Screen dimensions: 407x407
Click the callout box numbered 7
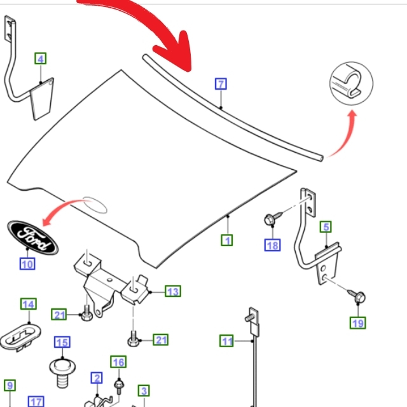(x=221, y=84)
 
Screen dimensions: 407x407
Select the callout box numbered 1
(x=227, y=240)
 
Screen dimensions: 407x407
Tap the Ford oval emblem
(x=33, y=238)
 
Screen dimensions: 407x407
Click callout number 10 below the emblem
(x=27, y=264)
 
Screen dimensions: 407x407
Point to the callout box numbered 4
(x=41, y=59)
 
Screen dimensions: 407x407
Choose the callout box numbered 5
(x=326, y=227)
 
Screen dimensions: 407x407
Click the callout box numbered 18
(x=273, y=245)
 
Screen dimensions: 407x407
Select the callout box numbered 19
(x=357, y=323)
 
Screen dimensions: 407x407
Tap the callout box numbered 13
(x=173, y=291)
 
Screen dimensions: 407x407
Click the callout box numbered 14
(x=29, y=304)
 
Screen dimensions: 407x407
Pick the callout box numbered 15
(x=62, y=342)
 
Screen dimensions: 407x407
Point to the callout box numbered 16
(x=118, y=362)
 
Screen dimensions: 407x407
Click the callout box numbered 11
(x=226, y=341)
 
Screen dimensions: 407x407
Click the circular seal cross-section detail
(x=351, y=83)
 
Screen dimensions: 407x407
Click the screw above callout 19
(x=357, y=296)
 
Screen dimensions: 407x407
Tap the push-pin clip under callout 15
(x=62, y=373)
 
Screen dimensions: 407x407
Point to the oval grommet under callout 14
(x=20, y=338)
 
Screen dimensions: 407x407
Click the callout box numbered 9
(x=10, y=385)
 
